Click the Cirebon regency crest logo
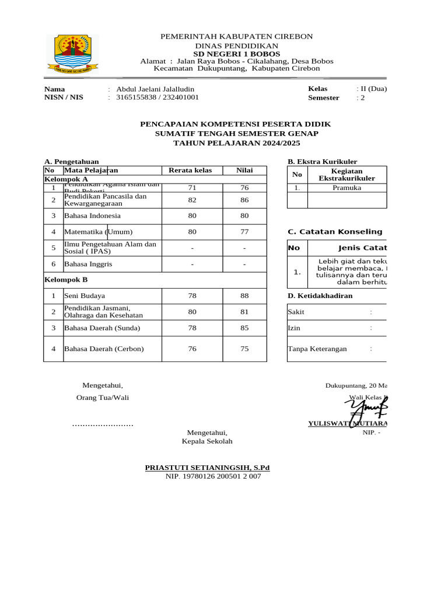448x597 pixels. click(73, 54)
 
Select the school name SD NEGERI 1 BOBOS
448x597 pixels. click(236, 54)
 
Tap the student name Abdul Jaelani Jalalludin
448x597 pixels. click(155, 89)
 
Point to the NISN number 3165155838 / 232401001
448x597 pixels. click(157, 97)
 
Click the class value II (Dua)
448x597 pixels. click(372, 89)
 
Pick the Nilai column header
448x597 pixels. click(244, 170)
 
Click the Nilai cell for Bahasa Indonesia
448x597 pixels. click(244, 216)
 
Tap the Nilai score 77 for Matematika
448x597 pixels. click(244, 232)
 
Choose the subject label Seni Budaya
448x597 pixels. click(85, 296)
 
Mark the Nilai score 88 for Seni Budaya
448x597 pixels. click(244, 296)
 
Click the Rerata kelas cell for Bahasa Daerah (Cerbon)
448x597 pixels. click(192, 349)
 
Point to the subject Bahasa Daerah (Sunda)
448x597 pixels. click(102, 328)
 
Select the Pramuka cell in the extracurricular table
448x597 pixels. click(346, 188)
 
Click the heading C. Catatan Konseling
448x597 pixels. click(335, 232)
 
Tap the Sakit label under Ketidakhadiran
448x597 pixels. click(296, 312)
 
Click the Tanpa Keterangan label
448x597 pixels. click(317, 349)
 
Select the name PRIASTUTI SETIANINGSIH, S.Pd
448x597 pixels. click(207, 468)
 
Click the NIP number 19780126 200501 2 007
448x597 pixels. click(213, 476)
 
